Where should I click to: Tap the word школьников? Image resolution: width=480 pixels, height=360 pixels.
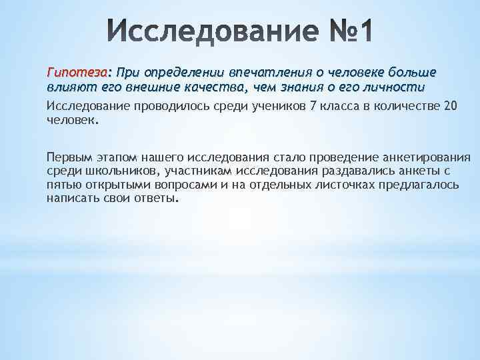(x=104, y=171)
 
